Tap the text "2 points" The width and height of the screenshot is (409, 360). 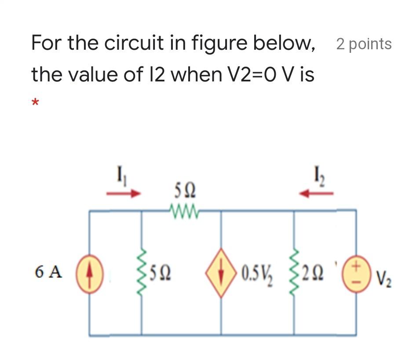pos(364,44)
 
